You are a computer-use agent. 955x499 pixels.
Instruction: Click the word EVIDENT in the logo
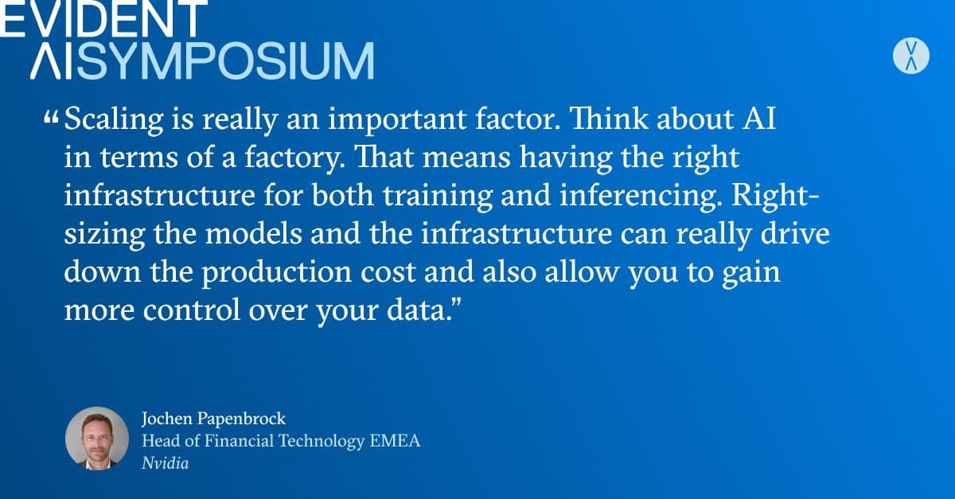(x=103, y=18)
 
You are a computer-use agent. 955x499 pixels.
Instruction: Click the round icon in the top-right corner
(x=911, y=56)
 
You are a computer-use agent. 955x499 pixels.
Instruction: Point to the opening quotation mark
(x=51, y=118)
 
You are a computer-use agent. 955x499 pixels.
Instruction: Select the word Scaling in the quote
(x=114, y=120)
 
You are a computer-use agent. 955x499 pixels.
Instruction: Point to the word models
(x=254, y=234)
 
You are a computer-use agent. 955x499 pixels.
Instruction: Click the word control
(x=192, y=310)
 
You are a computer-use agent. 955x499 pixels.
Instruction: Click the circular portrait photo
(x=97, y=439)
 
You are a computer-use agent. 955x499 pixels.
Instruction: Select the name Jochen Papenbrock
(x=213, y=419)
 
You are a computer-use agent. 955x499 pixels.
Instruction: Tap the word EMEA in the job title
(x=396, y=441)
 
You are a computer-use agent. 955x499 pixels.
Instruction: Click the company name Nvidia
(x=165, y=463)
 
